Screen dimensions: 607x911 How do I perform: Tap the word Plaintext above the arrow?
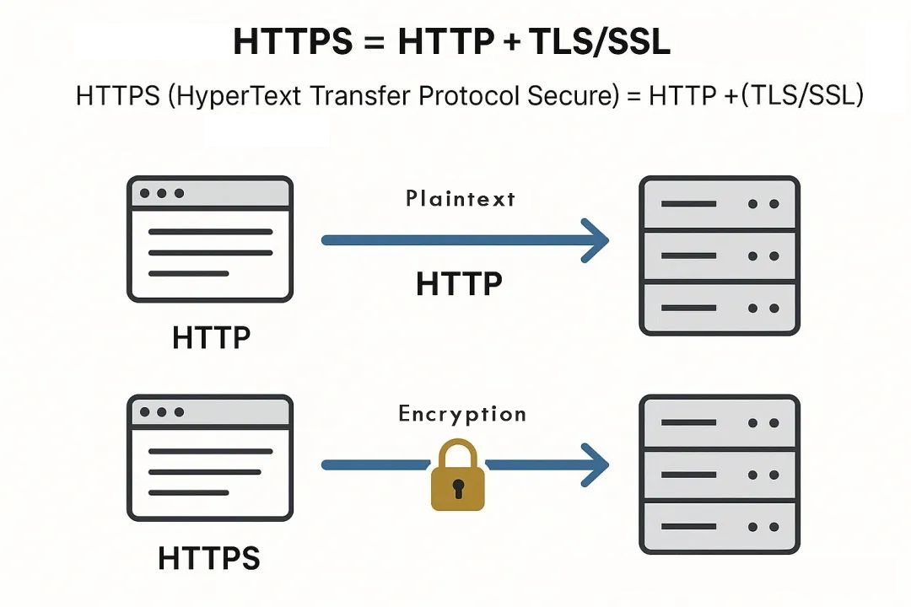click(x=460, y=199)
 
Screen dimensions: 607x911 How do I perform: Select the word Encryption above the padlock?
click(x=462, y=414)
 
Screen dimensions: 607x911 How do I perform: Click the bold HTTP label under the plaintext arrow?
click(x=459, y=284)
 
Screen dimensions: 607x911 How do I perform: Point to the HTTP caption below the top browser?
click(x=211, y=338)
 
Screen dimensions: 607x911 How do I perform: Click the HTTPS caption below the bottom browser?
click(x=209, y=558)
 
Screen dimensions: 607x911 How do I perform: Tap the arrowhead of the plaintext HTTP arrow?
click(x=596, y=240)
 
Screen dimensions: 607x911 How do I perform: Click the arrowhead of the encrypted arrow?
click(x=596, y=465)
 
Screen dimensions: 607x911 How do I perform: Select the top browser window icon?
click(x=210, y=239)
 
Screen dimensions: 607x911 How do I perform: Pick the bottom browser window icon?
click(x=210, y=459)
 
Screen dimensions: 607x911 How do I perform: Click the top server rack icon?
click(x=719, y=255)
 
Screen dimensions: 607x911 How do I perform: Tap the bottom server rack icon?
click(x=719, y=475)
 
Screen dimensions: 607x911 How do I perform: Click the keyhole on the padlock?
click(x=458, y=487)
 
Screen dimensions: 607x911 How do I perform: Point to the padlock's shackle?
click(x=458, y=453)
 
